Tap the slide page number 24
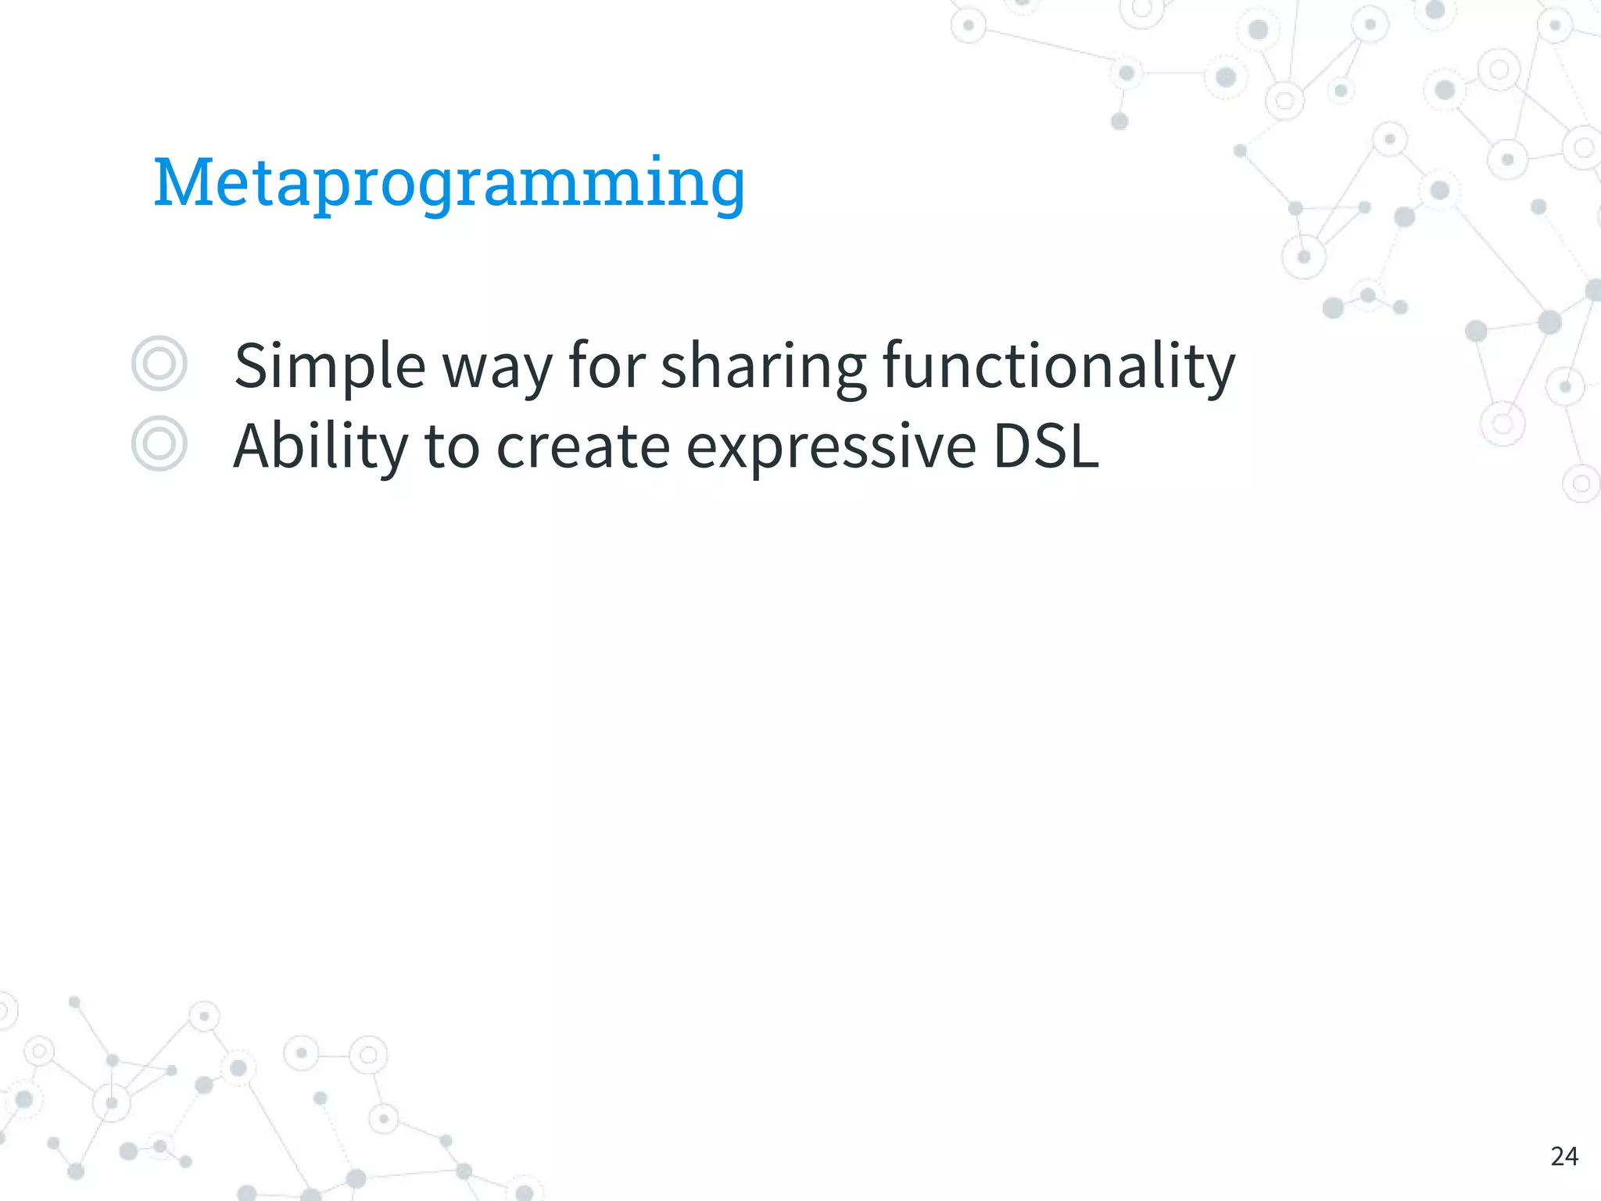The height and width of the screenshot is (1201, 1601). pos(1563,1156)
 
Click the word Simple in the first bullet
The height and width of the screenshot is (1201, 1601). pos(329,366)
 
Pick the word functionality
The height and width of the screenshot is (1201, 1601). pos(1058,366)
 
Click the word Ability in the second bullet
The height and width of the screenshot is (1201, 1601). pos(320,446)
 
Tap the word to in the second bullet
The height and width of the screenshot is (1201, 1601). pos(451,446)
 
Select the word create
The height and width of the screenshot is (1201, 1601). pos(583,446)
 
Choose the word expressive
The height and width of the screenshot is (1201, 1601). pos(831,448)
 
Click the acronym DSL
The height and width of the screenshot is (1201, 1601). pos(1046,446)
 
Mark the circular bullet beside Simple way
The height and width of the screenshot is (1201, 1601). pos(159,364)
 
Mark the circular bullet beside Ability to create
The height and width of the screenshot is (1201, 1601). pos(159,443)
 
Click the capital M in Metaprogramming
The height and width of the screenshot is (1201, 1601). pos(184,182)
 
